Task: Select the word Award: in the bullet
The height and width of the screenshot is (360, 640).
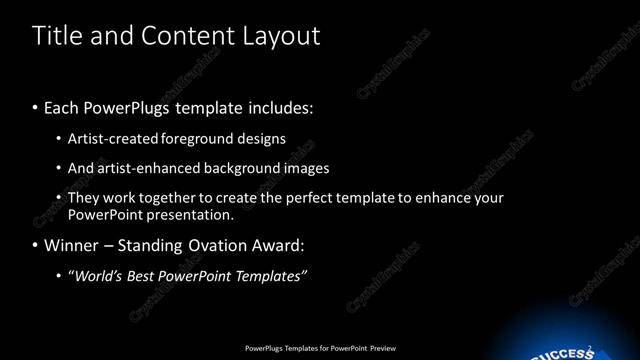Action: [x=277, y=245]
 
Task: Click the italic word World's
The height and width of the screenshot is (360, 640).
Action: [x=94, y=276]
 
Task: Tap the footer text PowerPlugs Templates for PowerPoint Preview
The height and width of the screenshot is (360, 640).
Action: [x=320, y=348]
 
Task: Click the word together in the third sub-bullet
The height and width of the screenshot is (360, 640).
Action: [x=167, y=198]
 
